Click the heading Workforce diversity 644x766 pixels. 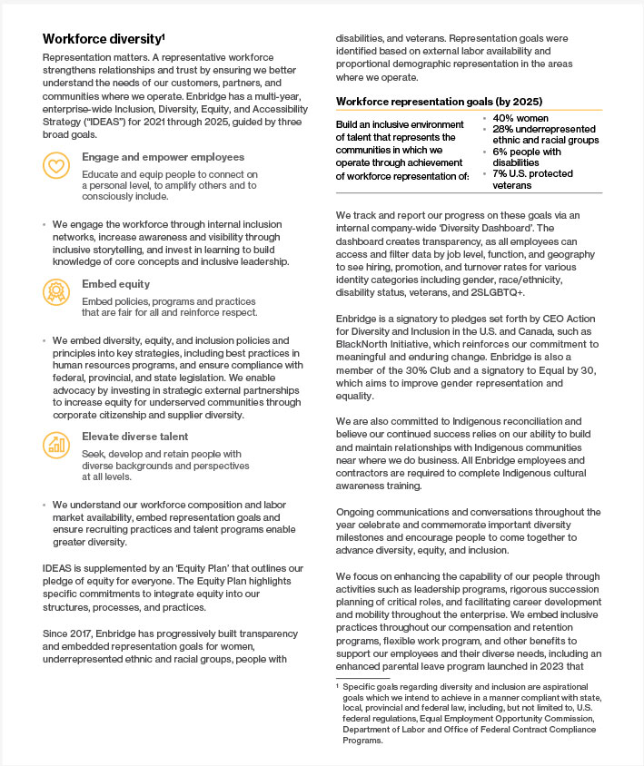click(x=103, y=39)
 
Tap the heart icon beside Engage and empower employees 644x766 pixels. click(x=56, y=165)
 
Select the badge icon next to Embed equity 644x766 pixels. click(x=56, y=291)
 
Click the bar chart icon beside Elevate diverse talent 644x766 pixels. click(x=56, y=444)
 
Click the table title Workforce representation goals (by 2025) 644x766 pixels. click(x=439, y=102)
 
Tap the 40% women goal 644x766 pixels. click(x=516, y=118)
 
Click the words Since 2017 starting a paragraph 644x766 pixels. click(x=68, y=628)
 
